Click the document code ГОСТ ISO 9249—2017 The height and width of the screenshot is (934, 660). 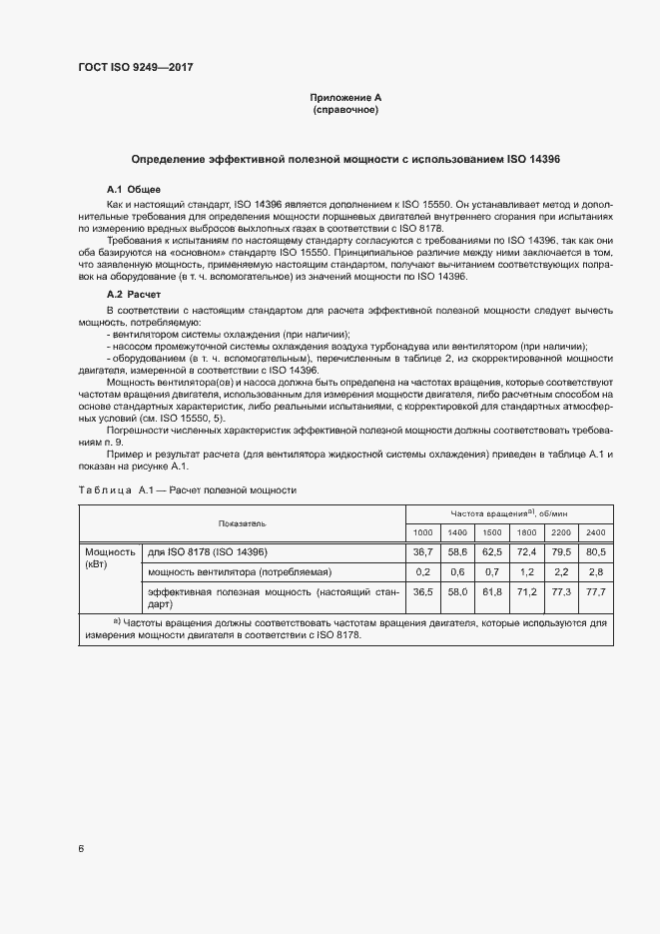135,68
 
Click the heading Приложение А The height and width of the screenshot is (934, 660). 345,97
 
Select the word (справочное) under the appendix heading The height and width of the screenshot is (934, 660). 345,109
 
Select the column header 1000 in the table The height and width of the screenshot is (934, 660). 423,530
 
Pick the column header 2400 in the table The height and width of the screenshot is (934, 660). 595,530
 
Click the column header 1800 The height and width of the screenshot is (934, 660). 526,530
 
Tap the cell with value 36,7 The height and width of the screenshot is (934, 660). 423,551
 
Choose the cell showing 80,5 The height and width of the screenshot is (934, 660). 595,551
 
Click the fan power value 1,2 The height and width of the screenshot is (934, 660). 526,571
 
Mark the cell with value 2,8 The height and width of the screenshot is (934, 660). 595,571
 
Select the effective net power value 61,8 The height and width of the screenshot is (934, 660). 491,592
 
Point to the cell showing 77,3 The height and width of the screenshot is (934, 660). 561,592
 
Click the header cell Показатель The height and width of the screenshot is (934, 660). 242,522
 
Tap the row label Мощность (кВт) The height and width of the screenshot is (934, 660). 110,557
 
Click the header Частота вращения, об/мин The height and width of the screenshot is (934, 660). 507,511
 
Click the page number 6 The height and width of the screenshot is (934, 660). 81,848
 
